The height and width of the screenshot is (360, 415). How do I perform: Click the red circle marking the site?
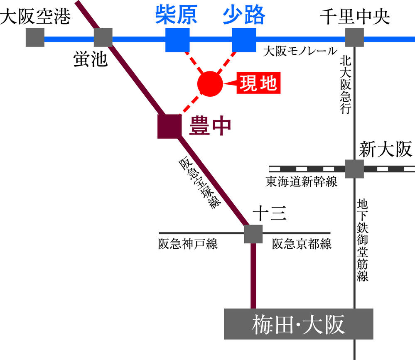coord(210,83)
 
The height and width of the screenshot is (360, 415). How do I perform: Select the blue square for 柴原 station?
coord(177,40)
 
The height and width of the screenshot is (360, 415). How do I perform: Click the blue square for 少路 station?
coord(244,40)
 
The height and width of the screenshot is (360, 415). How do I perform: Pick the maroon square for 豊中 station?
coord(169,126)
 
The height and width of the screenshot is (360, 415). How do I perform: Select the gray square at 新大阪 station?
coord(354,169)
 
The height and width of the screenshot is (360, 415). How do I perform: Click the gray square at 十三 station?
coord(253,233)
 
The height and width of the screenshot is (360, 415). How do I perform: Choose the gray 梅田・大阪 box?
coord(299,323)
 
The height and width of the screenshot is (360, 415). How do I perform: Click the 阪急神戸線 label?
coord(188,244)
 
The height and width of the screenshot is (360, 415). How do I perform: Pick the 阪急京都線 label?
coord(302,244)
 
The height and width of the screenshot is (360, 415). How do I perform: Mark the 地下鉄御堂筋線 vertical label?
coord(363,240)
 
